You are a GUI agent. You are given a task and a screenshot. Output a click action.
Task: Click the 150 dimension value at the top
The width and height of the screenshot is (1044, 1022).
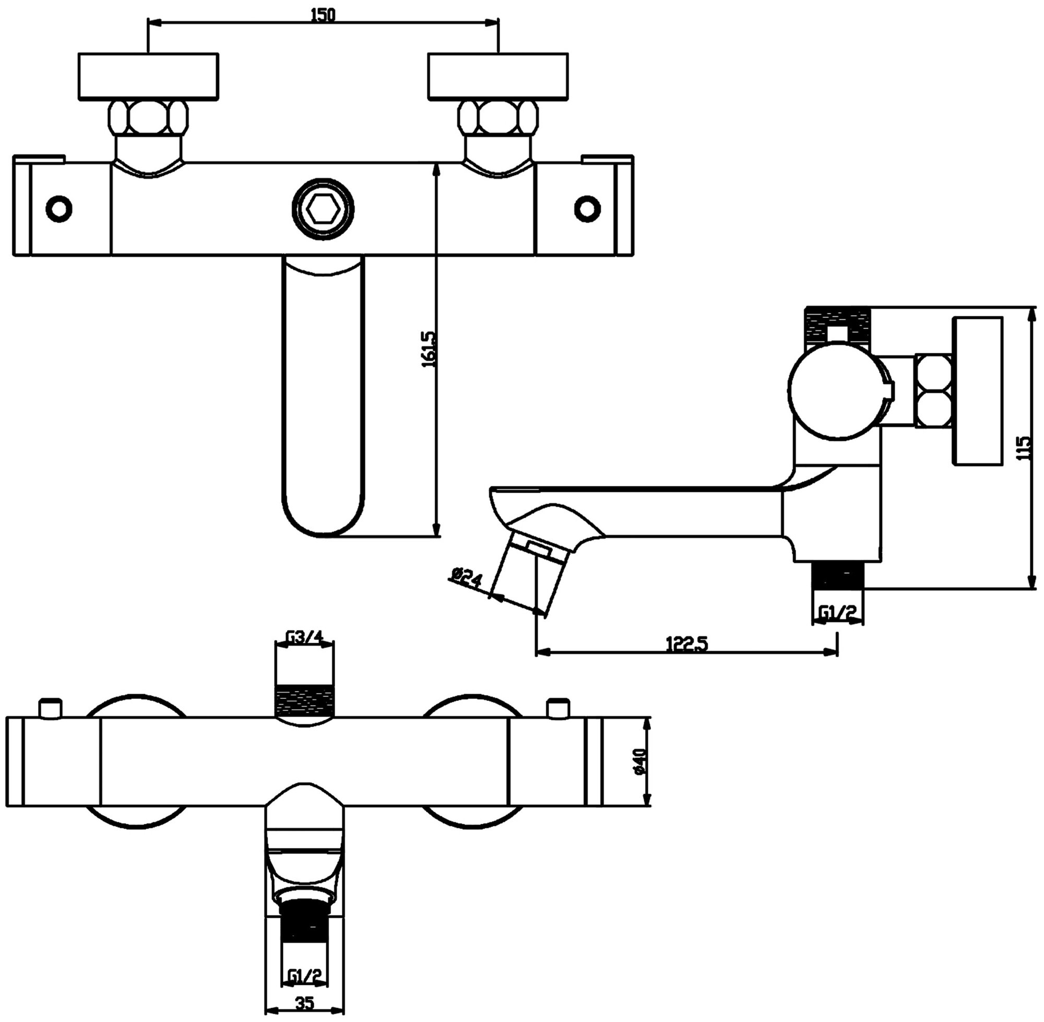coord(323,15)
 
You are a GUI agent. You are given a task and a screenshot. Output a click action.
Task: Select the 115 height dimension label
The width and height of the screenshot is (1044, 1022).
coord(1024,448)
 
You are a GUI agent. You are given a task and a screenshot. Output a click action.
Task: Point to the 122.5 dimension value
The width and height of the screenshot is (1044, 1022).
coord(687,644)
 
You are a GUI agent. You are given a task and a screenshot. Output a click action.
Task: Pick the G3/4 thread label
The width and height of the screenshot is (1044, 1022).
coord(304,638)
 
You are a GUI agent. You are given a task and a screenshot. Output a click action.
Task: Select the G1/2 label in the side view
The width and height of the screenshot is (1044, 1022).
coord(837,612)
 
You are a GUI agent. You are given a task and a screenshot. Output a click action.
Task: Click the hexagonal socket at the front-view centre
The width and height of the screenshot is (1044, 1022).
coord(323,208)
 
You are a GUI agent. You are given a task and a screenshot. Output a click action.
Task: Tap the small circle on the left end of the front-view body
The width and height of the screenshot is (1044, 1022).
coord(59,208)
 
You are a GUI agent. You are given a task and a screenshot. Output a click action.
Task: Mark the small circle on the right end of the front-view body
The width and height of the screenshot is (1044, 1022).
coord(587,208)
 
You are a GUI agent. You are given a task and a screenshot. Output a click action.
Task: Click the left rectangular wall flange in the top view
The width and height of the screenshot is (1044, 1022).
coord(148,76)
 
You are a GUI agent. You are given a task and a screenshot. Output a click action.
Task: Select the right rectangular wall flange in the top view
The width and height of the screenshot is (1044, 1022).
coord(497,76)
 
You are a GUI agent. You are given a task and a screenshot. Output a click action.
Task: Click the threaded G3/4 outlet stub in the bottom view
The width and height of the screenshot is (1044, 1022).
coord(304,701)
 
